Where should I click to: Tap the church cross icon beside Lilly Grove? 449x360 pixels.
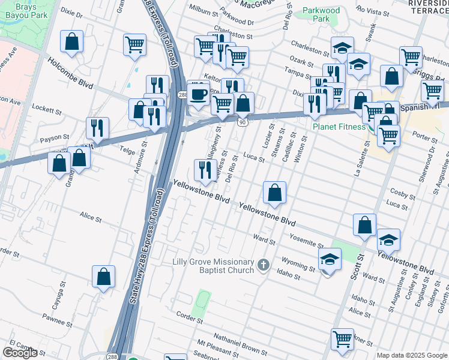pos(263,265)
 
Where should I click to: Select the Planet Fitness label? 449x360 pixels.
pos(339,127)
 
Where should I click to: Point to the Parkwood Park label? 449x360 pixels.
pos(321,14)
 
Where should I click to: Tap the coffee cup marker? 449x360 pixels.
pos(198,94)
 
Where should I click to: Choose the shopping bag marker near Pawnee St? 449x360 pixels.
pos(103,277)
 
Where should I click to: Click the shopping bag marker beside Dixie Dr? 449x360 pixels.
pos(71,42)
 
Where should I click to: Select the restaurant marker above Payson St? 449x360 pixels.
pos(97,127)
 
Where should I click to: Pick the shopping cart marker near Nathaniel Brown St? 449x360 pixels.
pos(342,338)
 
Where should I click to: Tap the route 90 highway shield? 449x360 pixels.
pos(242,122)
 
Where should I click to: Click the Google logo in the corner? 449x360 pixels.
pos(20,353)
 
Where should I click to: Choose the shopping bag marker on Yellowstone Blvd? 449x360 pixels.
pos(274,193)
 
